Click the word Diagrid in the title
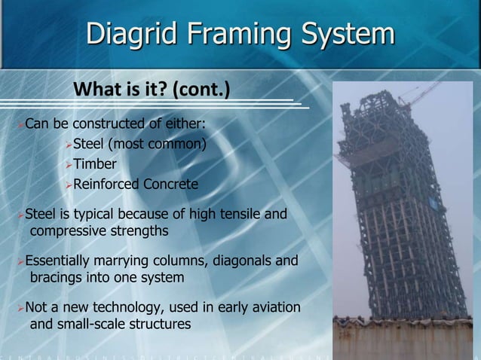130,35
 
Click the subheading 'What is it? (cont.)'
151,93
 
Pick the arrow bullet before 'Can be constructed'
20,124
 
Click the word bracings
57,277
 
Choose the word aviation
275,308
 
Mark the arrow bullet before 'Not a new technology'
20,308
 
